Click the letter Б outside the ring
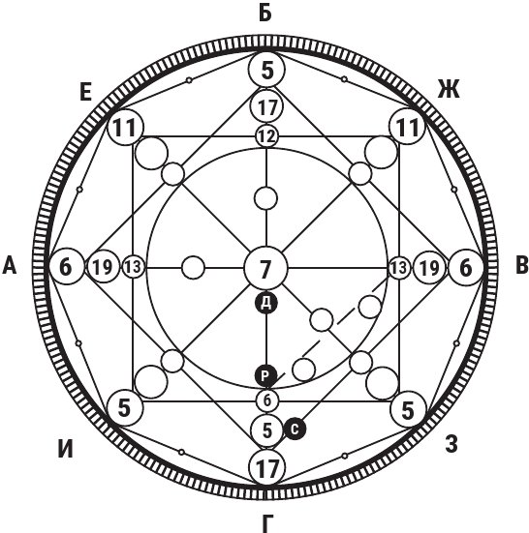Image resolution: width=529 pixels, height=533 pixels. (265, 14)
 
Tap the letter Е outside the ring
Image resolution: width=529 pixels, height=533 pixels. (86, 92)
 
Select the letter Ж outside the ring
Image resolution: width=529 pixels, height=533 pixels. (449, 89)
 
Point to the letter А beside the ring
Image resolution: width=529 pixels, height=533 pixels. (9, 265)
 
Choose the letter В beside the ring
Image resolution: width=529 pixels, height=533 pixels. (521, 265)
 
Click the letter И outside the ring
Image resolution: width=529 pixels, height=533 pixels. (65, 450)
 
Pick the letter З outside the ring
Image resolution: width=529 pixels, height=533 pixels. (451, 444)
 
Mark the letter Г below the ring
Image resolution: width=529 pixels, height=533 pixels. (268, 524)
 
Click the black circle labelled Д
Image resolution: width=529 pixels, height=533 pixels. (266, 303)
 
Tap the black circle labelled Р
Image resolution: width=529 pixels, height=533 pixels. (266, 375)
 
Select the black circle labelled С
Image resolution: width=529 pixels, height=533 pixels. (295, 429)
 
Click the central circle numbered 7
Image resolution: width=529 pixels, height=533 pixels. (266, 268)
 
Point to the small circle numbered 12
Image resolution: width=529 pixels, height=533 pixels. (266, 136)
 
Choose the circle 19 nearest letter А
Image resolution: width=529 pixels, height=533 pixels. (103, 267)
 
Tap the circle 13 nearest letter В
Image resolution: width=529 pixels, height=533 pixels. (399, 268)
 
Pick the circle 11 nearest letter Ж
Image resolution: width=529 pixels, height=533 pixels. (407, 127)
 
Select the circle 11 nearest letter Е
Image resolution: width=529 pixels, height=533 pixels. (125, 127)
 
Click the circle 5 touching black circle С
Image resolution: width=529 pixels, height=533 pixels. (267, 430)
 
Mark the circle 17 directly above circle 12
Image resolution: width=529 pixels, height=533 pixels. (266, 106)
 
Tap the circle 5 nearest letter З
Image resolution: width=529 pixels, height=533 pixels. (408, 410)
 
